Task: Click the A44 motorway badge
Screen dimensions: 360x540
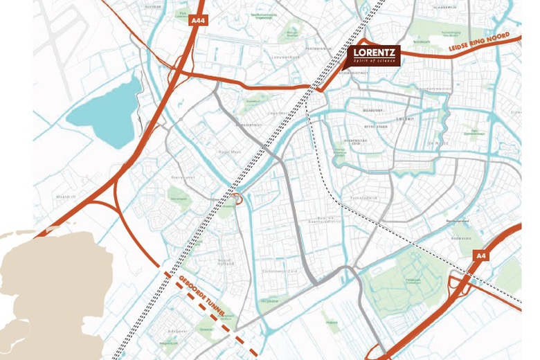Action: (x=199, y=21)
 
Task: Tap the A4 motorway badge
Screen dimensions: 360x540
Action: (x=480, y=255)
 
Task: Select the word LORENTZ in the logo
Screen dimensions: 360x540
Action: (x=374, y=53)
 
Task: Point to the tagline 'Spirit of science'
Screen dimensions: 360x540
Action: (x=374, y=62)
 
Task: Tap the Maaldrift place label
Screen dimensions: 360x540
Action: (x=66, y=197)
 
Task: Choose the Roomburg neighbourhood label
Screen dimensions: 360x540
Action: (x=460, y=238)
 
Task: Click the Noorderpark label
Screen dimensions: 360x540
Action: (x=420, y=42)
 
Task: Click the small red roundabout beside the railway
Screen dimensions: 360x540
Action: (x=237, y=199)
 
